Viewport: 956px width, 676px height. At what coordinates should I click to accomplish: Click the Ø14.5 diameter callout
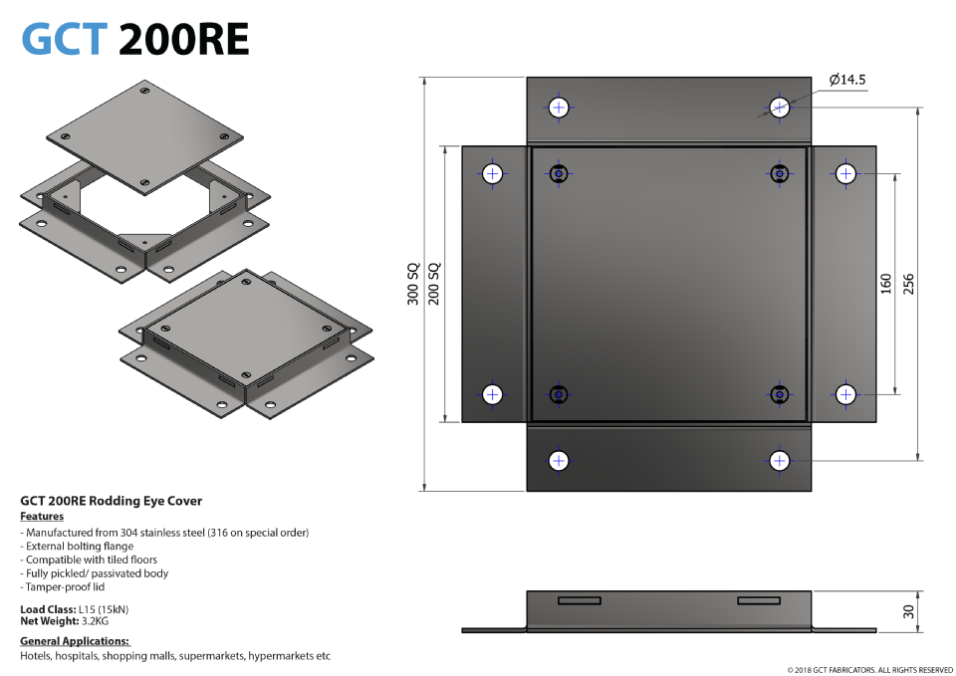click(x=846, y=81)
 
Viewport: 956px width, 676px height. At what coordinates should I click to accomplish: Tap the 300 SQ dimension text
click(x=413, y=284)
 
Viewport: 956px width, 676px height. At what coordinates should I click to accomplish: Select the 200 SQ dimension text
click(x=434, y=284)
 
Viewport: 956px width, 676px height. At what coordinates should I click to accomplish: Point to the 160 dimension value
click(x=886, y=284)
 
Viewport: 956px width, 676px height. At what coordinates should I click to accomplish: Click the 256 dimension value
click(x=908, y=284)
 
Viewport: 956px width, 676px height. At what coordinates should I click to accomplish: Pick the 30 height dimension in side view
click(x=908, y=611)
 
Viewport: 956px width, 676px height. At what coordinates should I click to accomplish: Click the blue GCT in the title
click(x=64, y=39)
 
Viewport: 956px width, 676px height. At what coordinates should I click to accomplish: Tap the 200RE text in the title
click(x=183, y=39)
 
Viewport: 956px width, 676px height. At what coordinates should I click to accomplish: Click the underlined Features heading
click(x=42, y=517)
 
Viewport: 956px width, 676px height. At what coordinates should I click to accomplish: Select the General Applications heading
click(x=76, y=641)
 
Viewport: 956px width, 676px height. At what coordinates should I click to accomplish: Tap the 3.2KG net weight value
click(x=96, y=621)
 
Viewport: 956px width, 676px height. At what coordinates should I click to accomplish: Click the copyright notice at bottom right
click(x=869, y=670)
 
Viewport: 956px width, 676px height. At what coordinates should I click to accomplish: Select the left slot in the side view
click(x=579, y=600)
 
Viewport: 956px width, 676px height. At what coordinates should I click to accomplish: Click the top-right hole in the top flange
click(x=779, y=107)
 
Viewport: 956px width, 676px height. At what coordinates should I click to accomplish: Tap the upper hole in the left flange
click(x=492, y=173)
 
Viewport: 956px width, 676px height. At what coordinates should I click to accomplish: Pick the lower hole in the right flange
click(x=845, y=394)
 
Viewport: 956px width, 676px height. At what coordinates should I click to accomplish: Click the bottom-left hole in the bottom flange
click(x=559, y=460)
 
